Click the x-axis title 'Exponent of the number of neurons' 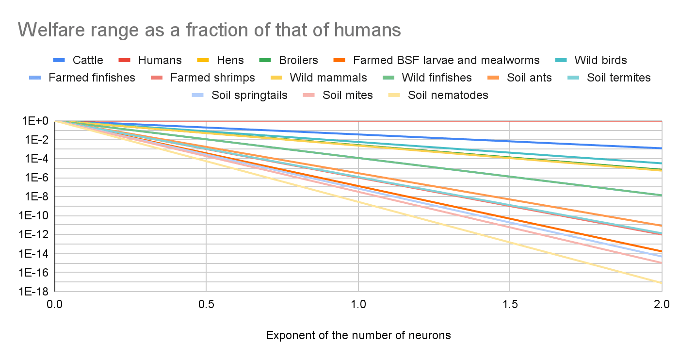point(358,335)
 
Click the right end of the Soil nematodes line point(661,283)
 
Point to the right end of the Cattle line point(661,148)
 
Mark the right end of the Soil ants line point(661,226)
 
